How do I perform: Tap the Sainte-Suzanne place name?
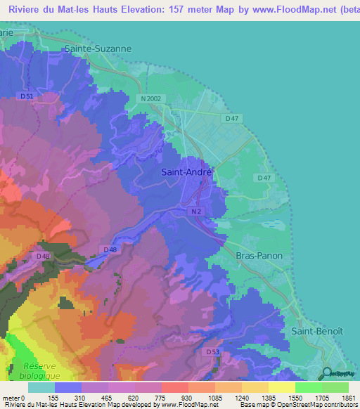[98, 49]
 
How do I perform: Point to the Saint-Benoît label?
[317, 330]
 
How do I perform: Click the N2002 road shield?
[150, 99]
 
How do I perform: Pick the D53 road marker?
[213, 351]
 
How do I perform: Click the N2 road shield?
[195, 210]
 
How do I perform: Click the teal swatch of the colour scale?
[41, 387]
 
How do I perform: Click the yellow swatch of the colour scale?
[281, 387]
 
